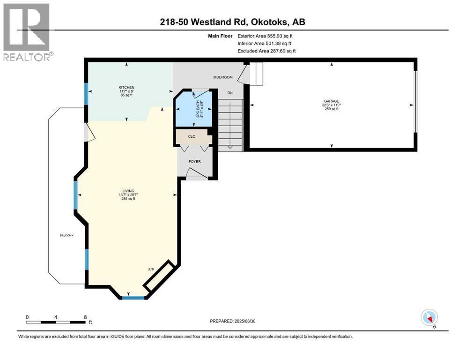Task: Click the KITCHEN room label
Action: [x=126, y=88]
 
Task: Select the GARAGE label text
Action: [x=331, y=101]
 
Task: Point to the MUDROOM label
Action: [x=223, y=77]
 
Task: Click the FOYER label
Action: [x=194, y=162]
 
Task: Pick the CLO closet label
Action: [x=192, y=137]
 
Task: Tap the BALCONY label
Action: [x=66, y=235]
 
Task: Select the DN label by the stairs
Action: [x=230, y=93]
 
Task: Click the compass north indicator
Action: [x=429, y=318]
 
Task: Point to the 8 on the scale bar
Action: [x=85, y=317]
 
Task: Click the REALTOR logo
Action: [x=27, y=32]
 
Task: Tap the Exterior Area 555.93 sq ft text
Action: [x=266, y=36]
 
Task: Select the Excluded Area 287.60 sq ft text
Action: [x=266, y=51]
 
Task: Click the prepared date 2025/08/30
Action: [x=250, y=321]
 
